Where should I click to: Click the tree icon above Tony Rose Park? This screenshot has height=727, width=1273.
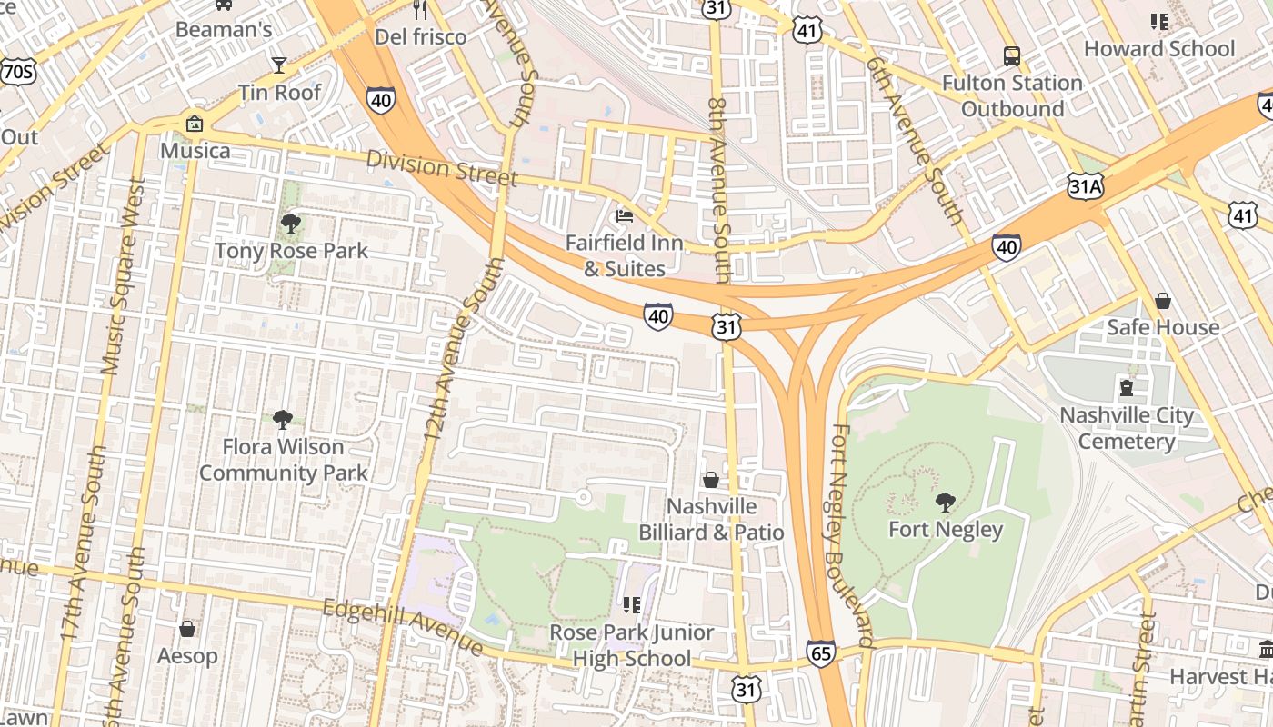tap(291, 224)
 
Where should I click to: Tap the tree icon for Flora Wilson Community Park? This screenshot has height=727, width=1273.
tap(283, 419)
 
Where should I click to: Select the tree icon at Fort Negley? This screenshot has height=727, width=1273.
tap(946, 502)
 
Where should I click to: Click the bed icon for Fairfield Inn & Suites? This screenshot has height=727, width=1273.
tap(625, 216)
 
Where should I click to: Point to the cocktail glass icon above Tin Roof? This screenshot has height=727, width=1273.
tap(279, 65)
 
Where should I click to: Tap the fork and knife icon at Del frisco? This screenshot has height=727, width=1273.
tap(420, 10)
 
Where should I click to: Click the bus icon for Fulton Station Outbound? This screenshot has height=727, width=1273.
tap(1012, 56)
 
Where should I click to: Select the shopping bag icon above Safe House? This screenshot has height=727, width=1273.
tap(1162, 301)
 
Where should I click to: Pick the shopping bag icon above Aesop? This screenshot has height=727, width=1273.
tap(187, 629)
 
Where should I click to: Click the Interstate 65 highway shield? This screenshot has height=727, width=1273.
tap(820, 653)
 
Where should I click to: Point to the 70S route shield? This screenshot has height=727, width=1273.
tap(17, 73)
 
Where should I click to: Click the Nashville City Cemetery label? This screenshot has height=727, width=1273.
tap(1127, 428)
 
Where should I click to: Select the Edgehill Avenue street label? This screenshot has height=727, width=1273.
tap(404, 627)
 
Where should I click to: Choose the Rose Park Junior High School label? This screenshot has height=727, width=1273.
tap(633, 645)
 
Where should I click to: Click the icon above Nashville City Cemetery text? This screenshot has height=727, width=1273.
tap(1127, 389)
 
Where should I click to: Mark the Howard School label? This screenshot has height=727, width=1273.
tap(1159, 49)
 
